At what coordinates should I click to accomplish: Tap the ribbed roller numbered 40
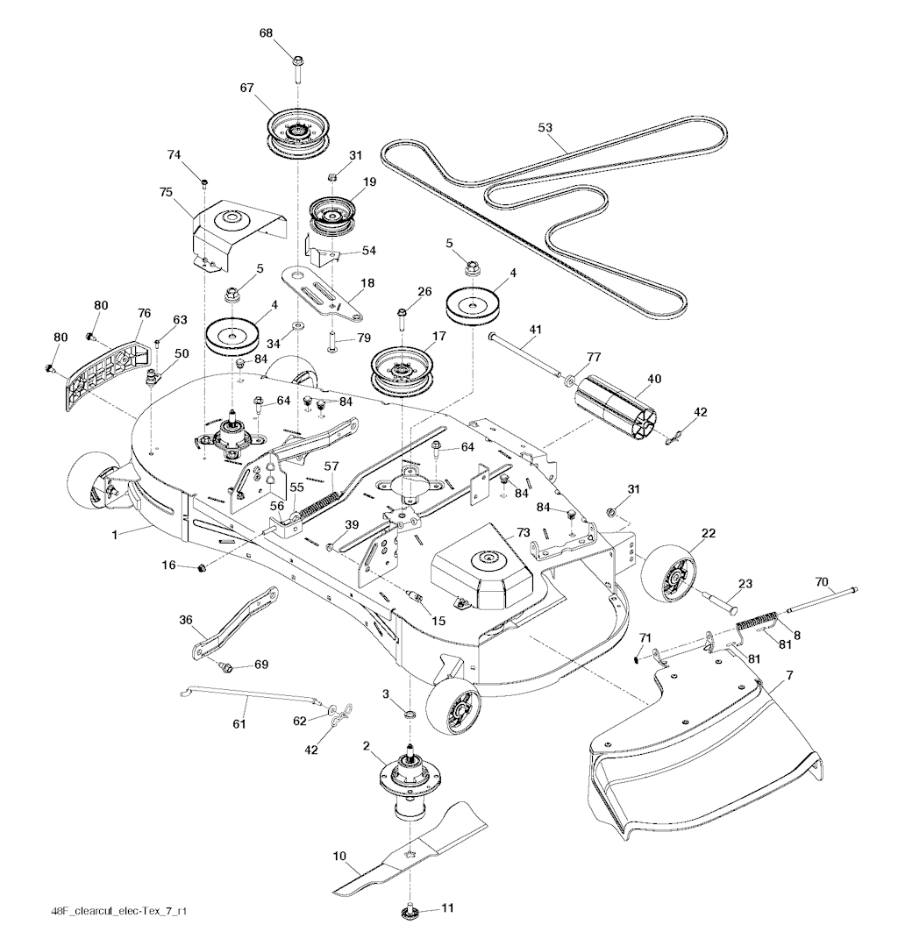click(613, 408)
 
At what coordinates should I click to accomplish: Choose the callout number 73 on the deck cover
click(523, 532)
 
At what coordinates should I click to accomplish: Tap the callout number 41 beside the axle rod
click(535, 331)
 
